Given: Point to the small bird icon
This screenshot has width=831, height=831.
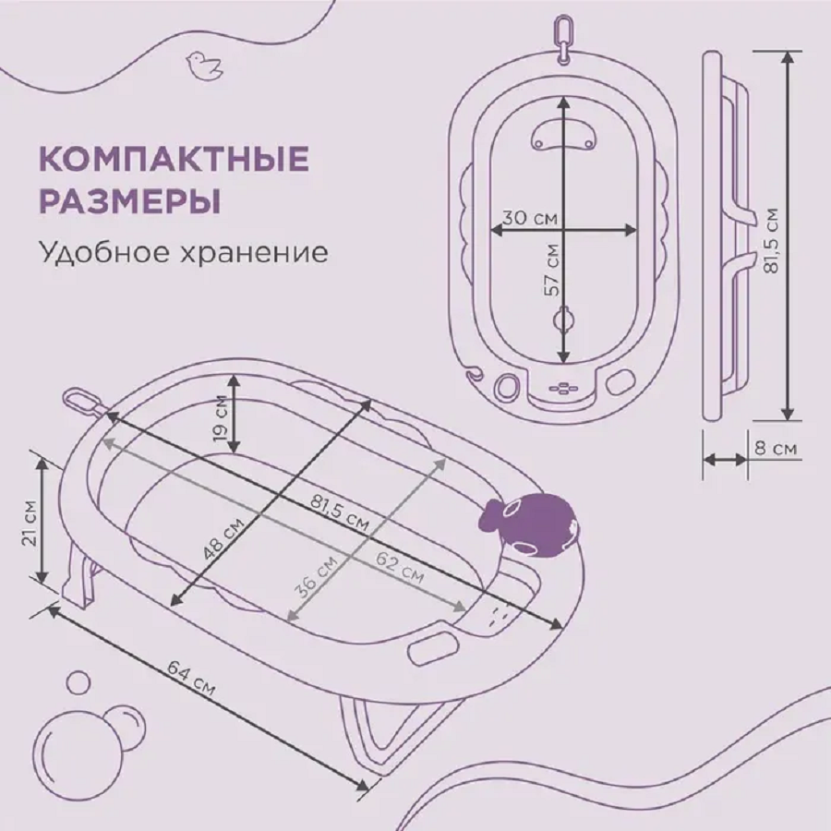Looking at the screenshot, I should [199, 63].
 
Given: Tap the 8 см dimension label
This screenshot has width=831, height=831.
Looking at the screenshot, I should [776, 449].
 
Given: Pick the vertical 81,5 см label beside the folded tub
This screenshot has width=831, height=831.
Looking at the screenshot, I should [772, 240].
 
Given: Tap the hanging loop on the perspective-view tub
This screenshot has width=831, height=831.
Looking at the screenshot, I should [81, 400].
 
